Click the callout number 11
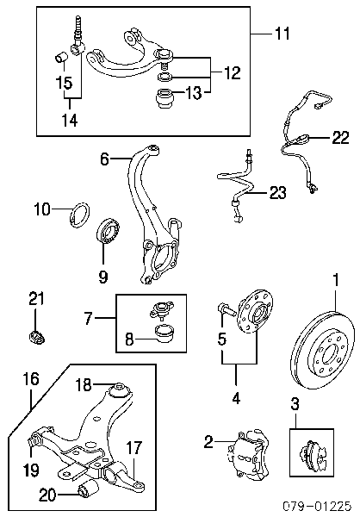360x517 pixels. (x=282, y=34)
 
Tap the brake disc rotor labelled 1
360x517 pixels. (x=324, y=352)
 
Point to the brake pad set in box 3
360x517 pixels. (x=312, y=452)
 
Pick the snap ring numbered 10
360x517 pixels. (x=80, y=216)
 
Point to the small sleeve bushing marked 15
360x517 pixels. (x=60, y=58)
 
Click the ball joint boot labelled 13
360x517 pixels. (x=164, y=98)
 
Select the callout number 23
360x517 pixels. (x=277, y=193)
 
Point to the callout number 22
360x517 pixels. (x=340, y=137)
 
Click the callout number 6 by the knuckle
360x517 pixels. (x=104, y=159)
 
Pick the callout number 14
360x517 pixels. (x=70, y=120)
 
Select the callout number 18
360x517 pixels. (x=84, y=384)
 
